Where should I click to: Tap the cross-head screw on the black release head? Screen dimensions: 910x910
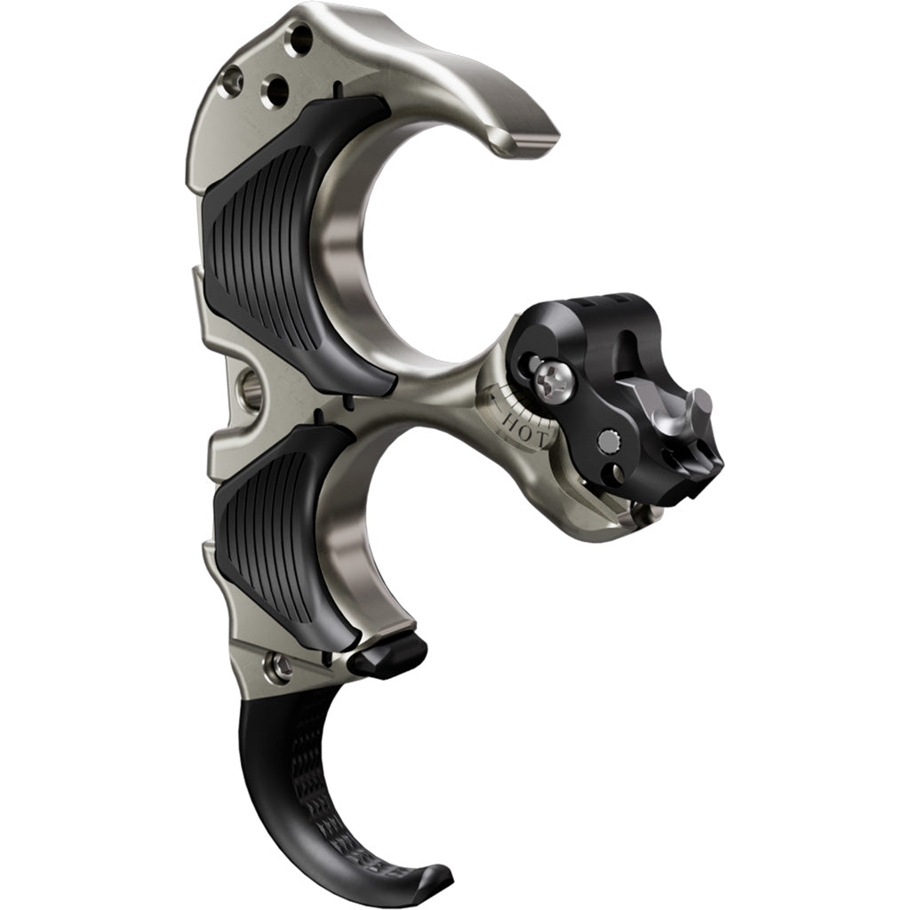click(553, 383)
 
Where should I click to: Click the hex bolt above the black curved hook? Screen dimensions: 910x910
click(281, 665)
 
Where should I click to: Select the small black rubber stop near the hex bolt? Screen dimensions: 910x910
click(387, 656)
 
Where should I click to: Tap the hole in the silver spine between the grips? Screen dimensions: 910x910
click(251, 387)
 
